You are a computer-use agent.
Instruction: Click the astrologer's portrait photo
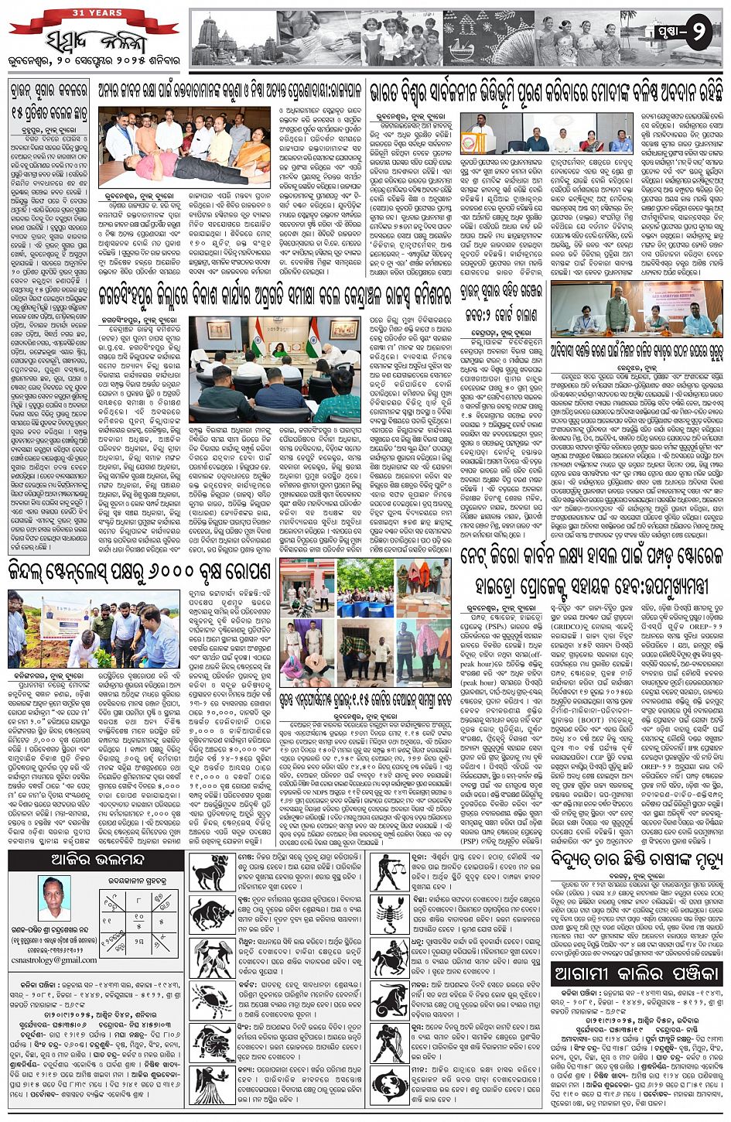[55, 898]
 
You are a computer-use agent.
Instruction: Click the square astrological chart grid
[141, 918]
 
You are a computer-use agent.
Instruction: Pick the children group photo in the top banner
[401, 39]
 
